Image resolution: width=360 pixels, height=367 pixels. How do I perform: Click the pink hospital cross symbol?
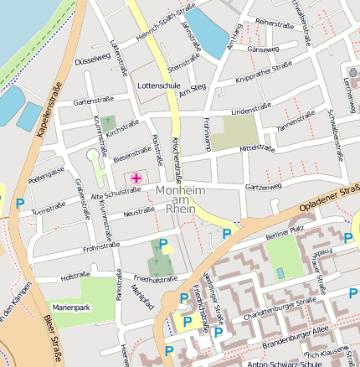point(136,178)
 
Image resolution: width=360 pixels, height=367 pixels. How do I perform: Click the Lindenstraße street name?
point(252,111)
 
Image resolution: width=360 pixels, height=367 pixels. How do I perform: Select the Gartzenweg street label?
point(263,186)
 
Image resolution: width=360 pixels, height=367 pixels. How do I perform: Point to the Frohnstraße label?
point(101,247)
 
